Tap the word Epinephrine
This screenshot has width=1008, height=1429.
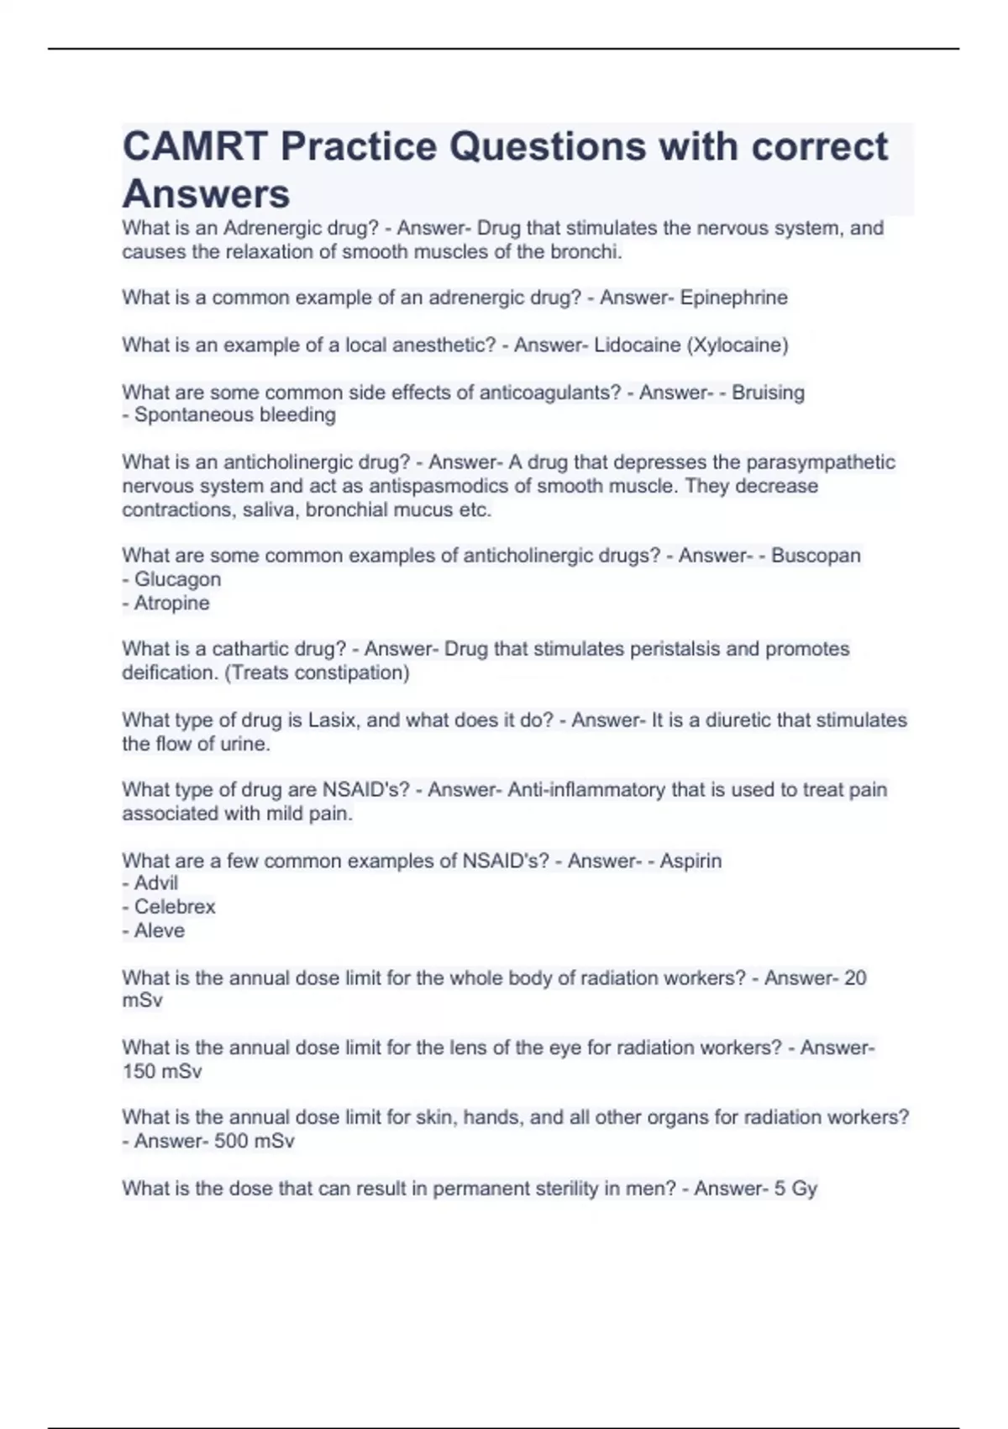pyautogui.click(x=733, y=298)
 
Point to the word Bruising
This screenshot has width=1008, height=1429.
pyautogui.click(x=768, y=393)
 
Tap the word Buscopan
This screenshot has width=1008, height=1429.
pyautogui.click(x=816, y=556)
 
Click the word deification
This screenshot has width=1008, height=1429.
pyautogui.click(x=171, y=672)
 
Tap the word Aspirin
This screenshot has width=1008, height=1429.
pyautogui.click(x=690, y=861)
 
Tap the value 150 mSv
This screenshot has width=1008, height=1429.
pyautogui.click(x=162, y=1072)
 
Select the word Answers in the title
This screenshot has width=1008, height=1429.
pyautogui.click(x=206, y=194)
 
